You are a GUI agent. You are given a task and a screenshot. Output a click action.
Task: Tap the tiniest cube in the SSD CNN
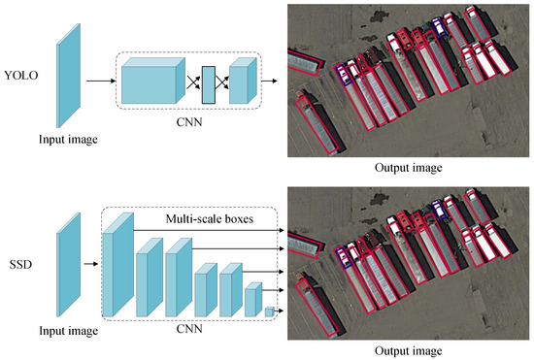tap(270, 311)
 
